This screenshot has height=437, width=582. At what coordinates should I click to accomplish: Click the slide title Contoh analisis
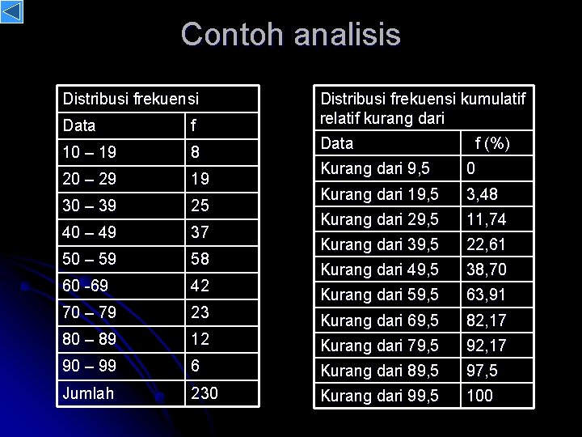(x=290, y=35)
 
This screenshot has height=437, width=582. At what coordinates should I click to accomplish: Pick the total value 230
(x=205, y=393)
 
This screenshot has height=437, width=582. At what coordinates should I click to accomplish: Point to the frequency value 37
(x=200, y=233)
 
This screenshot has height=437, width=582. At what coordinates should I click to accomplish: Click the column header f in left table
(x=193, y=125)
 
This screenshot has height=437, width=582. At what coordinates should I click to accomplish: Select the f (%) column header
(x=492, y=144)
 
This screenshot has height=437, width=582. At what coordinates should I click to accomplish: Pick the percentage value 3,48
(x=483, y=195)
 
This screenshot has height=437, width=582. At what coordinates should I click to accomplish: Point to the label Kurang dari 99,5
(x=380, y=397)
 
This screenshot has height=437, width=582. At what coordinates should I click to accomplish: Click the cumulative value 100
(x=481, y=397)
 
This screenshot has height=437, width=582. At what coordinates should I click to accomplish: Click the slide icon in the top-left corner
(x=12, y=12)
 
